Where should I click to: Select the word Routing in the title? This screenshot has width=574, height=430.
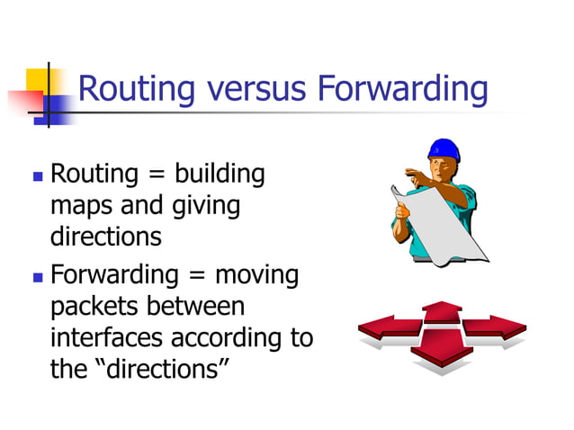[137, 90]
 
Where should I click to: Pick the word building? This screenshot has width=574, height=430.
[220, 174]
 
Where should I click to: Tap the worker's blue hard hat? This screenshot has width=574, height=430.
[443, 149]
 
